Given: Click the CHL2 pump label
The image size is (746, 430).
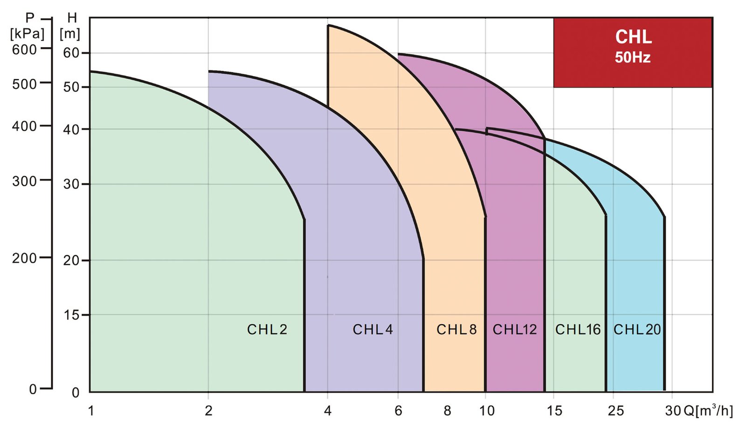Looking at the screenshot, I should pyautogui.click(x=267, y=330).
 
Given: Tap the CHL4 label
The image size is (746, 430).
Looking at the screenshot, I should pyautogui.click(x=373, y=330).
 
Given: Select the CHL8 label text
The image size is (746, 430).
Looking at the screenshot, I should pyautogui.click(x=456, y=330).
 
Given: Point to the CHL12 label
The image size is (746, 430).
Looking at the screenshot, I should pyautogui.click(x=515, y=330).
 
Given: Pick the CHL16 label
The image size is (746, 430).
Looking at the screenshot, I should pyautogui.click(x=578, y=330).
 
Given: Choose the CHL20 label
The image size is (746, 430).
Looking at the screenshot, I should pyautogui.click(x=637, y=330).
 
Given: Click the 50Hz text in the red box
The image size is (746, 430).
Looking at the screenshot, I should pyautogui.click(x=632, y=57).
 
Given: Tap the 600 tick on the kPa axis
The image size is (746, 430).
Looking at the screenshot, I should pyautogui.click(x=25, y=49).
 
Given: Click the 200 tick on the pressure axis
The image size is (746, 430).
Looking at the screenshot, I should pyautogui.click(x=25, y=258).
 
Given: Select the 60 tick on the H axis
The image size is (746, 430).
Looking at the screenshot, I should pyautogui.click(x=71, y=53).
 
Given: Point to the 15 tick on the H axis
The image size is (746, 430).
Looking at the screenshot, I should pyautogui.click(x=71, y=315).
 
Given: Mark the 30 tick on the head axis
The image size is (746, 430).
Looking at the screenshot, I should pyautogui.click(x=71, y=184).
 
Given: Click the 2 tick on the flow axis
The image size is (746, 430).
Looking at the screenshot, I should pyautogui.click(x=208, y=410).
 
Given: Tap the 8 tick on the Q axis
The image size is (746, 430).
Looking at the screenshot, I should pyautogui.click(x=447, y=410).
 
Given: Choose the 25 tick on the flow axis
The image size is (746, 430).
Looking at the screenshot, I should pyautogui.click(x=615, y=410).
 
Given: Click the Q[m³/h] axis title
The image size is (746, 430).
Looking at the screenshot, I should pyautogui.click(x=708, y=410).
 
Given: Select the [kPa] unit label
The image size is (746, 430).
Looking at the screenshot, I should pyautogui.click(x=27, y=34).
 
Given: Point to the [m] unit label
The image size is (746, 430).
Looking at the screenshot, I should pyautogui.click(x=70, y=34).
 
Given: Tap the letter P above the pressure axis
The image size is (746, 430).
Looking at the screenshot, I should pyautogui.click(x=30, y=18).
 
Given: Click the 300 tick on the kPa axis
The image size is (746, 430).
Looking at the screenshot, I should pyautogui.click(x=25, y=181).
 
